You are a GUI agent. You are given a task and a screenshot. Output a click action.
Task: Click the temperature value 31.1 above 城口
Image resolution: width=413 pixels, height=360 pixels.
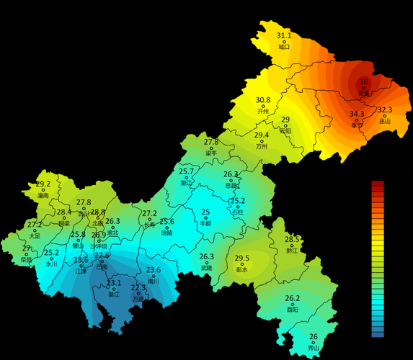(284, 35)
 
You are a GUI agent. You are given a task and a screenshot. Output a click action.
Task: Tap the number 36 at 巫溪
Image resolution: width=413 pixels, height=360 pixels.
(364, 82)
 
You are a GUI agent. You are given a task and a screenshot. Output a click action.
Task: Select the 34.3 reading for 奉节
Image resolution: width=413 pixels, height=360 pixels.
(357, 114)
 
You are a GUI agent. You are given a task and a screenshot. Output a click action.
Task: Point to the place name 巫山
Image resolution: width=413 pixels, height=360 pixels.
(385, 121)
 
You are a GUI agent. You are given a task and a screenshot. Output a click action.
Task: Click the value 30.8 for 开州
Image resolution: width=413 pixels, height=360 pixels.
(263, 100)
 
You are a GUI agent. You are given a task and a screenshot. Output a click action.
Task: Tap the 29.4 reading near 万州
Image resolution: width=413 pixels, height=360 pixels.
(262, 135)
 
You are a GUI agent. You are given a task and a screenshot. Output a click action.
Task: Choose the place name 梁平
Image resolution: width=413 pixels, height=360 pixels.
(211, 153)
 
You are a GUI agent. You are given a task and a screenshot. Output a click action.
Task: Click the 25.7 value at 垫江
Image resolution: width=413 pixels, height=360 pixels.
(187, 171)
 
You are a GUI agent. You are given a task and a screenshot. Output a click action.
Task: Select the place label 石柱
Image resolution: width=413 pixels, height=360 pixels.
(238, 213)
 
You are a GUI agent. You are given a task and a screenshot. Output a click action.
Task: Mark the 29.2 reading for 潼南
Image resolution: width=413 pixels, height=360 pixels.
(43, 184)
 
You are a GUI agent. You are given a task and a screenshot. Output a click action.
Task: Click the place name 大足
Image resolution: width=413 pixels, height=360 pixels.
(35, 235)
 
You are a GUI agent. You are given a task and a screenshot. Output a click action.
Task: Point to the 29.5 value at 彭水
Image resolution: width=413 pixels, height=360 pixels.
(242, 258)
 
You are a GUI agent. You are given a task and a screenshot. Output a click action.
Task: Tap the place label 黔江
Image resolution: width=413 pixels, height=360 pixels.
(291, 251)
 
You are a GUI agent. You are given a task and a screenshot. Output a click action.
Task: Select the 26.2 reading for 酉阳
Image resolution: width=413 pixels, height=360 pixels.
(292, 298)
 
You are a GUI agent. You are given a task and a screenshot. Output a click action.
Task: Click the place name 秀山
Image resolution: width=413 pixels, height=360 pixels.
(313, 348)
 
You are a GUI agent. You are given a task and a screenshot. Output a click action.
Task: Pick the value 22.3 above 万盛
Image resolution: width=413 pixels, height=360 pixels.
(138, 287)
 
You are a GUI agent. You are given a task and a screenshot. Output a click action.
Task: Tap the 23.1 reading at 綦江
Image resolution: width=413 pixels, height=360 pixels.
(114, 283)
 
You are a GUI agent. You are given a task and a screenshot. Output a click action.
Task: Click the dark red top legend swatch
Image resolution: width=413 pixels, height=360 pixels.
(378, 184)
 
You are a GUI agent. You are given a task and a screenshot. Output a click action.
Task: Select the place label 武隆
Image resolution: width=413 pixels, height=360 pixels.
(207, 267)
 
